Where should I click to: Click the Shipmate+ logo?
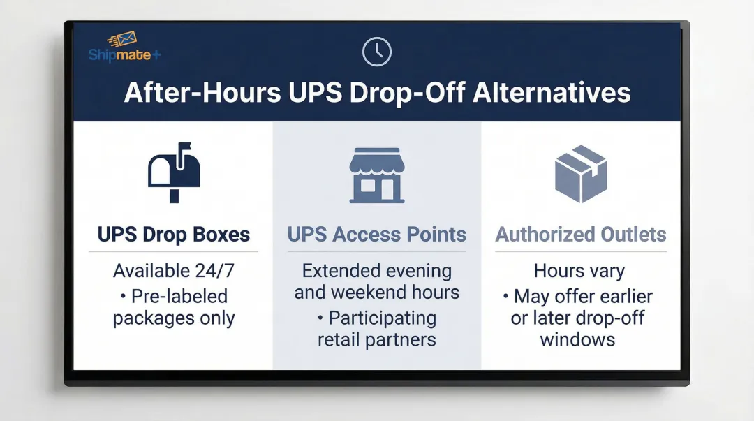point(124,47)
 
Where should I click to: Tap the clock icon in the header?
point(377,52)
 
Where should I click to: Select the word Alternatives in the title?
point(552,93)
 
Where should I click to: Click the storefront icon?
point(377,175)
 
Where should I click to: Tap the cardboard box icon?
point(580,174)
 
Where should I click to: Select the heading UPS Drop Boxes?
point(174,235)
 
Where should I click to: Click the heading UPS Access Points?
point(377,235)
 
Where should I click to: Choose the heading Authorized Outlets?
point(580,235)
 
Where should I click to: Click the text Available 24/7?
point(174,270)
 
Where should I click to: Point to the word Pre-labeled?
point(179,296)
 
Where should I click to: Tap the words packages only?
point(174,318)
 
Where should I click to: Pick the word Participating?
point(383,318)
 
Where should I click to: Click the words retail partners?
point(377,340)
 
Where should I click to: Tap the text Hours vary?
point(579,270)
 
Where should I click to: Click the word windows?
point(577,340)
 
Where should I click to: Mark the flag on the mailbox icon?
point(184,147)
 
